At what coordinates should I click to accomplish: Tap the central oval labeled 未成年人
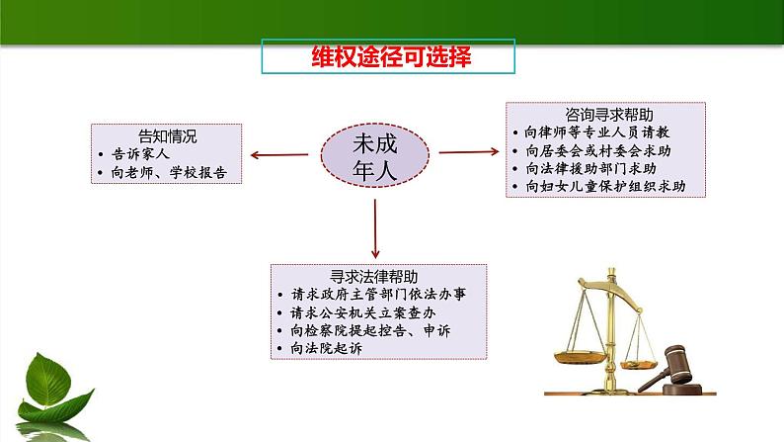tap(374, 154)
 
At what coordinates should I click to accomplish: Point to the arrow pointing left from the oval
tap(279, 154)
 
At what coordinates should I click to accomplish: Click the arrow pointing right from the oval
tap(467, 152)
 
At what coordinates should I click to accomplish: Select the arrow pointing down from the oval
tap(375, 227)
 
